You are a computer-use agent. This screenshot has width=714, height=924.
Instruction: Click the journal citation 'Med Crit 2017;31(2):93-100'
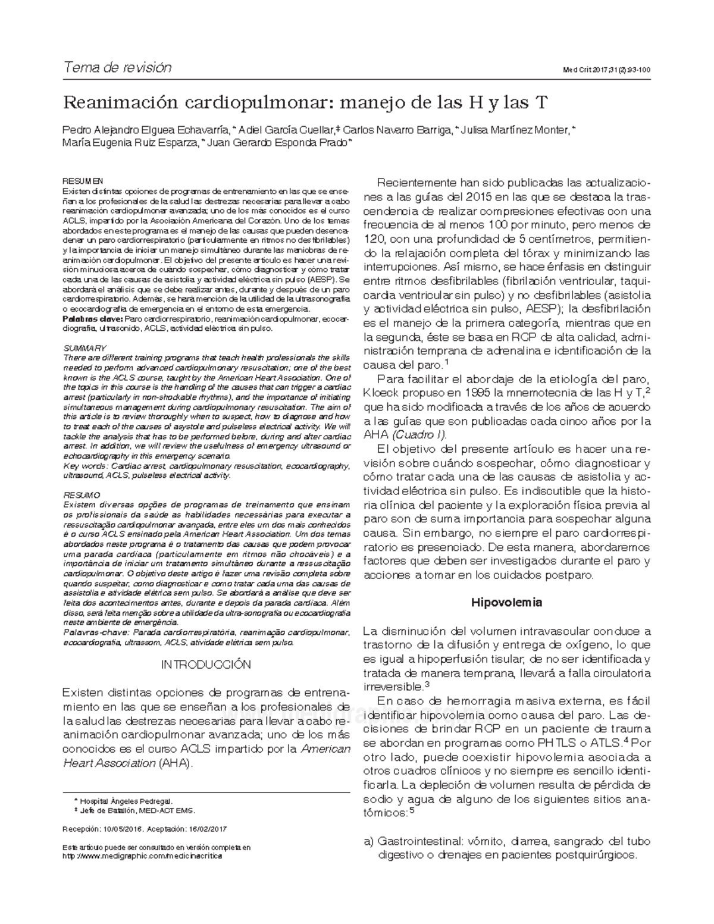point(606,70)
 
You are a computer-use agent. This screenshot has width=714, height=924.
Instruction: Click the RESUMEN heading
point(83,181)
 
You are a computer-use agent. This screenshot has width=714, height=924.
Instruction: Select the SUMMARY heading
point(84,348)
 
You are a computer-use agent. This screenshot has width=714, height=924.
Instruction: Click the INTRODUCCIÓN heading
point(206,664)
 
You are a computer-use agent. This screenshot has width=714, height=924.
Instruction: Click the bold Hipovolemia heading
point(506,602)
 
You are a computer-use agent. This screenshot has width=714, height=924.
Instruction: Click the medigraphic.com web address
point(143,856)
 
